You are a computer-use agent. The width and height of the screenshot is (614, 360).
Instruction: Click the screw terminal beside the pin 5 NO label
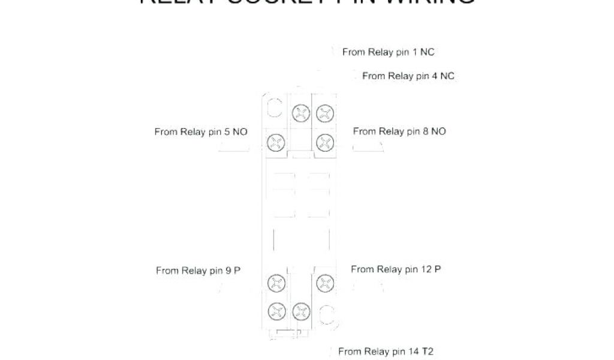click(x=275, y=142)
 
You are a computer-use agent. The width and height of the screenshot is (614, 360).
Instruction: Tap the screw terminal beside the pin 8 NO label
click(x=324, y=142)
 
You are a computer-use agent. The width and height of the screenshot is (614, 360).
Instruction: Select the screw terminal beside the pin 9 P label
click(x=275, y=282)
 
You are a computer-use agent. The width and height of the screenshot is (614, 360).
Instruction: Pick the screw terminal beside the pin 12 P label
click(x=324, y=282)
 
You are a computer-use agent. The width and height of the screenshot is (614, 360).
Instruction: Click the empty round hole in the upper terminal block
click(x=275, y=109)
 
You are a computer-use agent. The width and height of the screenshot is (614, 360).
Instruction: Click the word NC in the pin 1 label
click(x=427, y=52)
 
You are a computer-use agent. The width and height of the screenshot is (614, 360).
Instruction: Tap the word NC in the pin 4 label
click(x=447, y=76)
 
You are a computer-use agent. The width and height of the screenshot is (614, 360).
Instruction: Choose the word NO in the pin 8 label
click(x=438, y=131)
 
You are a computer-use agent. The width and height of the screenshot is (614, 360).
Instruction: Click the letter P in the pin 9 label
click(x=237, y=271)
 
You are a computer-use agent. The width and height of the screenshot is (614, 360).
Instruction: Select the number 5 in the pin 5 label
click(x=227, y=131)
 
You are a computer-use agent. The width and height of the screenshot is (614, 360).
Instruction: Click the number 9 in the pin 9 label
click(x=228, y=271)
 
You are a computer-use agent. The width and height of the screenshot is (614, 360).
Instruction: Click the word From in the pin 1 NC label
click(x=354, y=52)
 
